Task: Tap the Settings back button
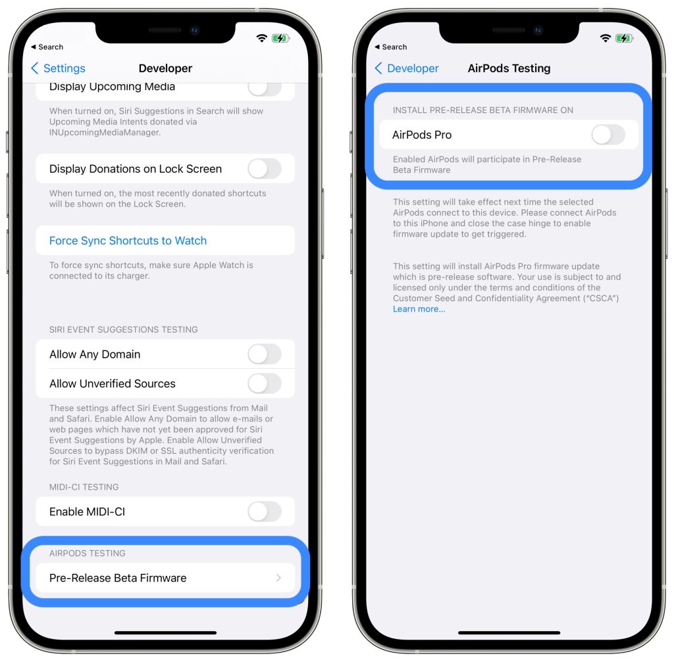click(58, 68)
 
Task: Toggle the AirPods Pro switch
click(608, 135)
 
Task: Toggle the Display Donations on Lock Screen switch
click(264, 169)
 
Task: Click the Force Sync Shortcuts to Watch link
click(128, 241)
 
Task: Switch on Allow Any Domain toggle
click(264, 354)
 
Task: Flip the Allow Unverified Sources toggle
click(264, 383)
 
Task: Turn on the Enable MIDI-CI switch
click(264, 511)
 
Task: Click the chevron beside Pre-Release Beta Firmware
click(278, 578)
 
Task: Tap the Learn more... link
click(419, 309)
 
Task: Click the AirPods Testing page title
click(509, 68)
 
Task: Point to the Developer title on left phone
click(165, 68)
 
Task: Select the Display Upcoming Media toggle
click(264, 87)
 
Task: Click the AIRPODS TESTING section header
click(87, 553)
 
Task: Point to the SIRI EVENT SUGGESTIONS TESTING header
click(123, 329)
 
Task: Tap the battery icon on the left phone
click(280, 38)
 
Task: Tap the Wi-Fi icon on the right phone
click(605, 38)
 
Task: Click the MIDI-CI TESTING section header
click(84, 487)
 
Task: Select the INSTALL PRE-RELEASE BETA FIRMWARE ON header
click(482, 110)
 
